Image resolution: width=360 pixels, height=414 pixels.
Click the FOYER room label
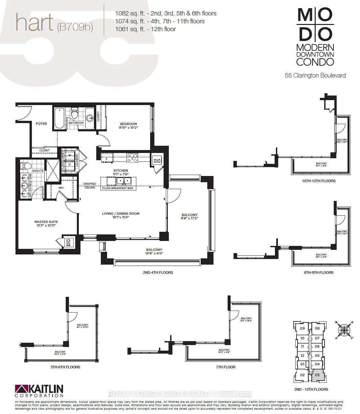(41, 124)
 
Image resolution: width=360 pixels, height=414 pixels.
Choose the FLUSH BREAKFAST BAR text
(117, 188)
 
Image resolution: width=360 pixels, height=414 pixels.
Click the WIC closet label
(61, 188)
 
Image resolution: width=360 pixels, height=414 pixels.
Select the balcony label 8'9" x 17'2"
(190, 217)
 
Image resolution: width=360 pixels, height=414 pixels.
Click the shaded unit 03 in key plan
(317, 375)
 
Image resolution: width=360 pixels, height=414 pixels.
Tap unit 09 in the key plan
(302, 328)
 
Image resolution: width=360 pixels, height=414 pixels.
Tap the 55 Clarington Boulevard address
(315, 75)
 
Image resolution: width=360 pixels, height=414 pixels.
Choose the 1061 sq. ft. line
(145, 29)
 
